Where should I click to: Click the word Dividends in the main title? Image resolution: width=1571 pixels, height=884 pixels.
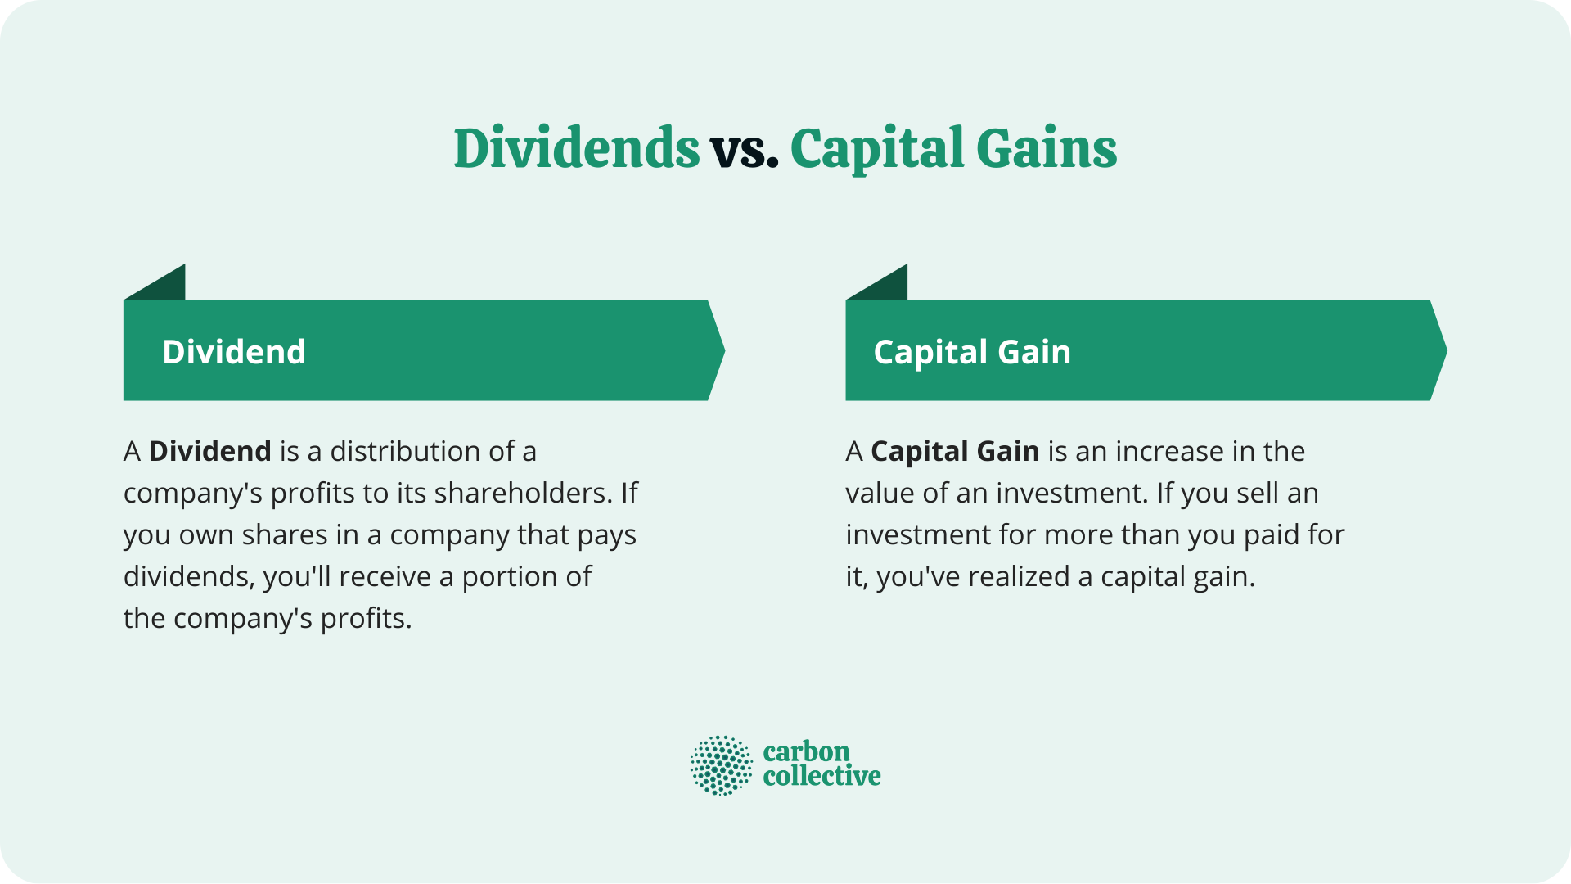pyautogui.click(x=576, y=149)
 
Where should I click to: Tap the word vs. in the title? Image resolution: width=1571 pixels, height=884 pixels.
pyautogui.click(x=744, y=151)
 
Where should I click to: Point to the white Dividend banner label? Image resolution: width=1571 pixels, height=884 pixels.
pyautogui.click(x=234, y=352)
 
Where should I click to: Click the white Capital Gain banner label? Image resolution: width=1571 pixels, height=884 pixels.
pyautogui.click(x=972, y=352)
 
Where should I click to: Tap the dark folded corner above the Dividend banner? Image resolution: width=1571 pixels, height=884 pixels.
pyautogui.click(x=164, y=286)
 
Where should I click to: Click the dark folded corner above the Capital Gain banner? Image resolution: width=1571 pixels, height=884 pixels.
pyautogui.click(x=887, y=286)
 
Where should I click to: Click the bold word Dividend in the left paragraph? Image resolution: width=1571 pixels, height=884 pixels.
pyautogui.click(x=209, y=451)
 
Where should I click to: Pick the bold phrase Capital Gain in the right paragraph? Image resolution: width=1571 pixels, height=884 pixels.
pyautogui.click(x=955, y=451)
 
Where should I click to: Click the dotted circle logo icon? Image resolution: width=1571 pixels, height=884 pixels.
pyautogui.click(x=721, y=765)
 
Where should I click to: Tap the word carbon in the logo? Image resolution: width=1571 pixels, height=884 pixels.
pyautogui.click(x=806, y=751)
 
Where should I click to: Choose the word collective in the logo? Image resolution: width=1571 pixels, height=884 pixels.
pyautogui.click(x=822, y=776)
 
